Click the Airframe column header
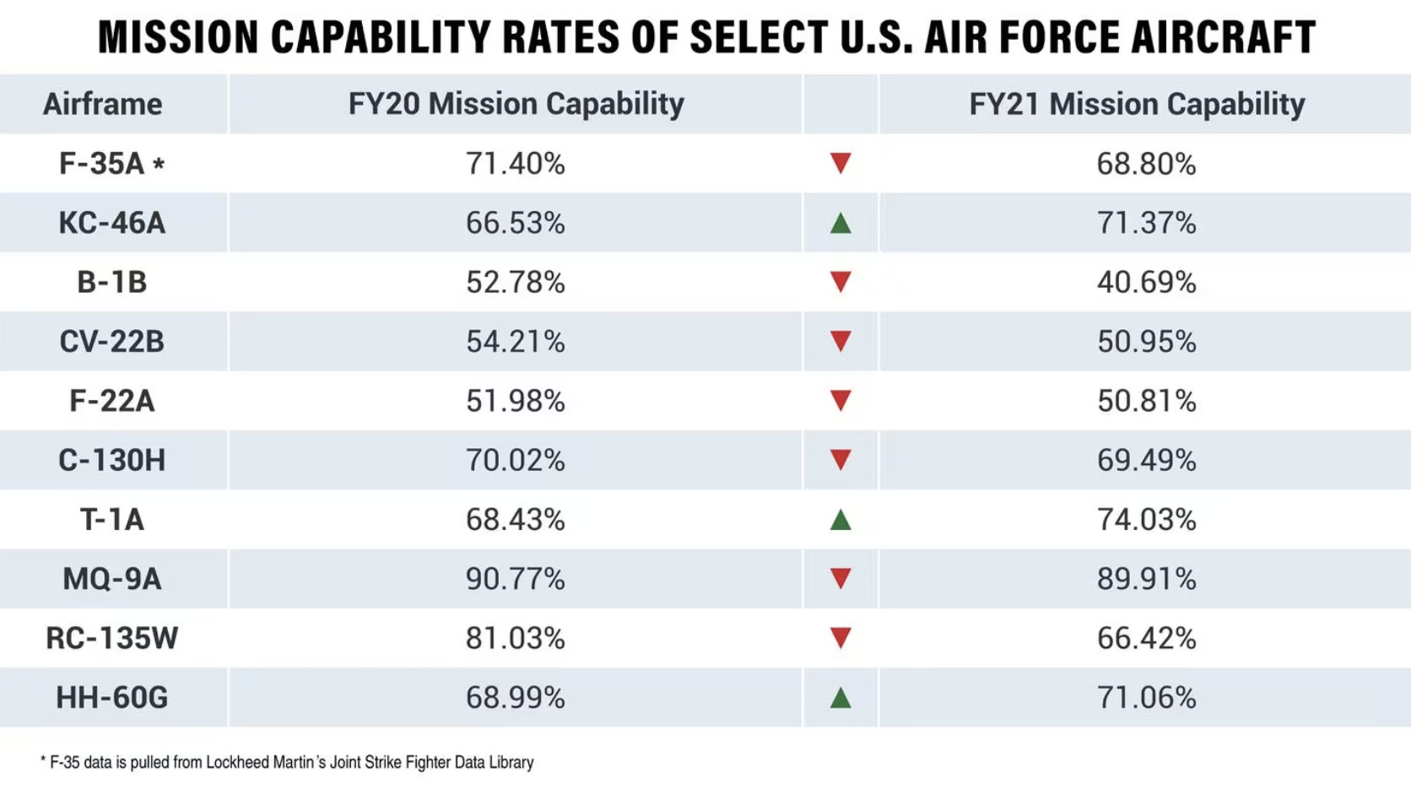[102, 104]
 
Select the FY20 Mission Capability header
[516, 104]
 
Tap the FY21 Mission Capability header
[1137, 104]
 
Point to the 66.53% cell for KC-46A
[515, 223]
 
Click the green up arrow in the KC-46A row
[841, 224]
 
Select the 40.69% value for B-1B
[1146, 282]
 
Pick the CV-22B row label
[111, 342]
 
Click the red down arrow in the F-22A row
[841, 400]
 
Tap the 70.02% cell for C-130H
[515, 460]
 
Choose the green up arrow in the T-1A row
[841, 520]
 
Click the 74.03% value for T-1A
[1146, 520]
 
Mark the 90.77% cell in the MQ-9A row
[515, 579]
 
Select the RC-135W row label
[111, 638]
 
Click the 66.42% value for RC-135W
[1146, 638]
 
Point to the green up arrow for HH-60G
[841, 698]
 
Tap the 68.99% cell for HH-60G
[515, 698]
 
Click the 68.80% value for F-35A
[1146, 164]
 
